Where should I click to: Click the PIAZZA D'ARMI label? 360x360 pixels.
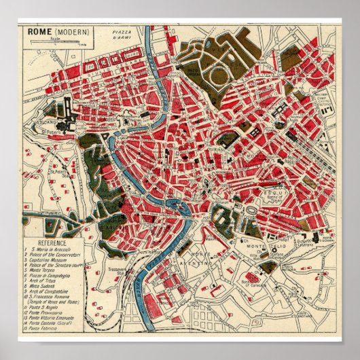pyautogui.click(x=121, y=34)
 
